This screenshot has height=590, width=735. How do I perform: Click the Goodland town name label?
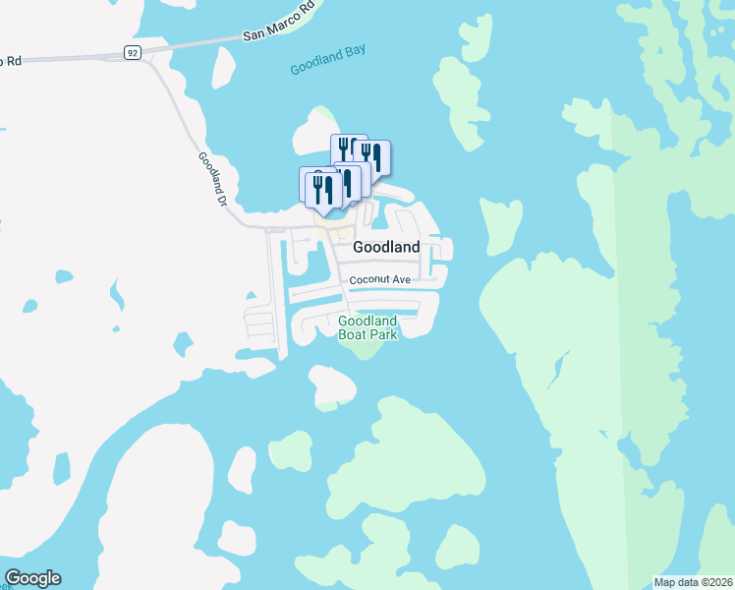(386, 248)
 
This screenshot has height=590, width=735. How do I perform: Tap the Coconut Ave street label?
(380, 280)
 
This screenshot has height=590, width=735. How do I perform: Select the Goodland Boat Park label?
(367, 328)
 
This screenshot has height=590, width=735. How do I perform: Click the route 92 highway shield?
(133, 51)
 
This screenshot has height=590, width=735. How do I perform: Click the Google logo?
(32, 578)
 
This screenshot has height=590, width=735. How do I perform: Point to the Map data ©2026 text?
(693, 582)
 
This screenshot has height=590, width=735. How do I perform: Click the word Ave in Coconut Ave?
(401, 280)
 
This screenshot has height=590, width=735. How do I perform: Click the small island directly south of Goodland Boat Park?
(331, 385)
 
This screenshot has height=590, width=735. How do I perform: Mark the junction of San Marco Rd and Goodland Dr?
(148, 54)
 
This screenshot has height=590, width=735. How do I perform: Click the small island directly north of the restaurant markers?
(317, 128)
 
